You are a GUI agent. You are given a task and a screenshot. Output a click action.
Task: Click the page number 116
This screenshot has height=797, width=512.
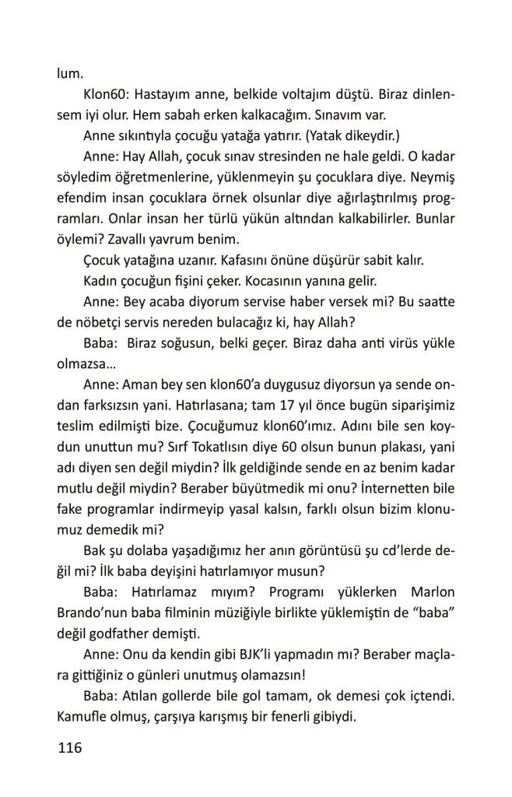69,749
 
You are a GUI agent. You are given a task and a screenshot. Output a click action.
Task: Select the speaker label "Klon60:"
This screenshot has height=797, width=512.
106,95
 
